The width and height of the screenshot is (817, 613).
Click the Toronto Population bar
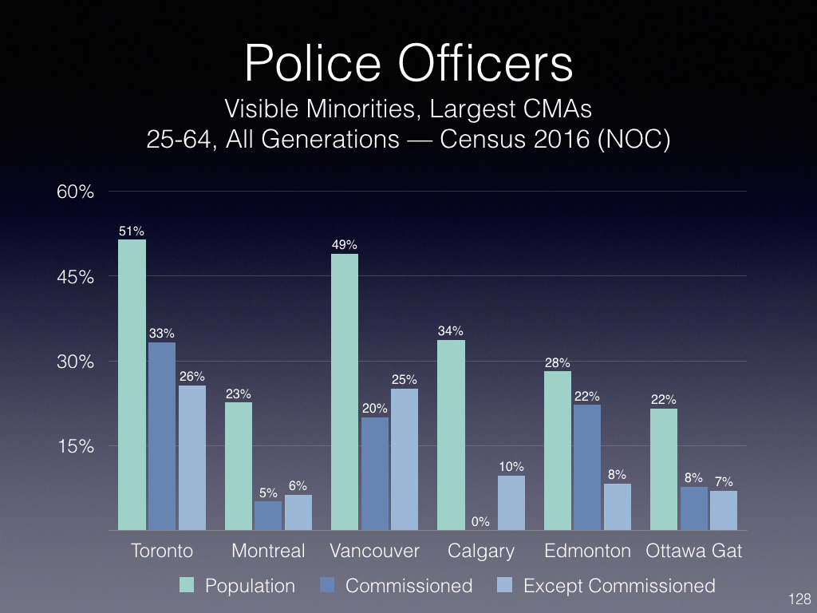point(132,385)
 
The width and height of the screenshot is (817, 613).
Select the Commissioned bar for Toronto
point(162,436)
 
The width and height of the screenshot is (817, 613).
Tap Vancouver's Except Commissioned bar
point(405,459)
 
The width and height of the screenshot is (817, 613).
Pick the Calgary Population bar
point(452,435)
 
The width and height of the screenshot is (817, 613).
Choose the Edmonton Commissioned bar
point(586,467)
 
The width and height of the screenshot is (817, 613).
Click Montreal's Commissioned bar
point(268,516)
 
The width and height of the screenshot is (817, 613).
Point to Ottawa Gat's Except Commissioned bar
point(724,510)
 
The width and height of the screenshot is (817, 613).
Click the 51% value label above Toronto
point(132,231)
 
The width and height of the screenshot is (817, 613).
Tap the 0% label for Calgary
point(480,522)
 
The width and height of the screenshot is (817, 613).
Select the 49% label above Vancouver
point(345,246)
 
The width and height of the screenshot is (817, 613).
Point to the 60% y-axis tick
point(75,192)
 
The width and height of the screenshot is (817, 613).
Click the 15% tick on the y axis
point(75,446)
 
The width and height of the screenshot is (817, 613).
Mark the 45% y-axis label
point(75,277)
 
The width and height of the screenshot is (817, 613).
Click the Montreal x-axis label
point(268,551)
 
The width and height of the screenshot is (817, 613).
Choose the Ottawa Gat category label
point(694,551)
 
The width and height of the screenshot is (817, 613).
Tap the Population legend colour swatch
point(187,586)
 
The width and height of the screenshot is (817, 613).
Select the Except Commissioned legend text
point(619,586)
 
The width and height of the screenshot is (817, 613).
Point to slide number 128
point(799,599)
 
